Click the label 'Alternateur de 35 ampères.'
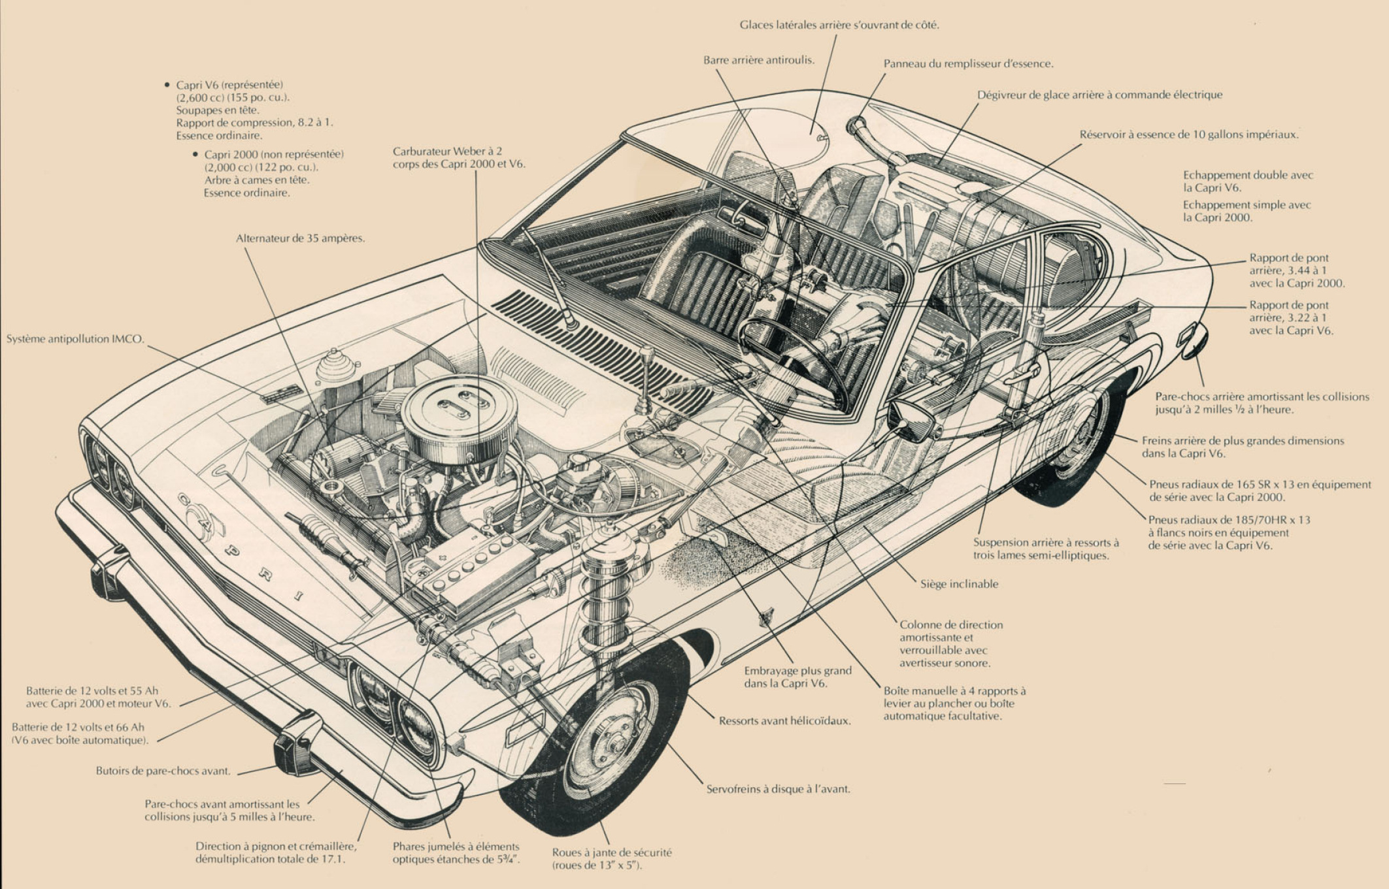coord(300,238)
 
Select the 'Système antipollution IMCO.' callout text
coord(75,339)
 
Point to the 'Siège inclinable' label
coord(959,584)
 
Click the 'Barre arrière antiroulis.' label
coord(759,60)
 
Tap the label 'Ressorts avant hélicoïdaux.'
coord(784,721)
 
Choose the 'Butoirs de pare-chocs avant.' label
coord(163,771)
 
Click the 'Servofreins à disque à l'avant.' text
coord(778,789)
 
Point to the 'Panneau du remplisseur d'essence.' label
coord(968,64)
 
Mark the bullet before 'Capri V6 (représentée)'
coord(168,85)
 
